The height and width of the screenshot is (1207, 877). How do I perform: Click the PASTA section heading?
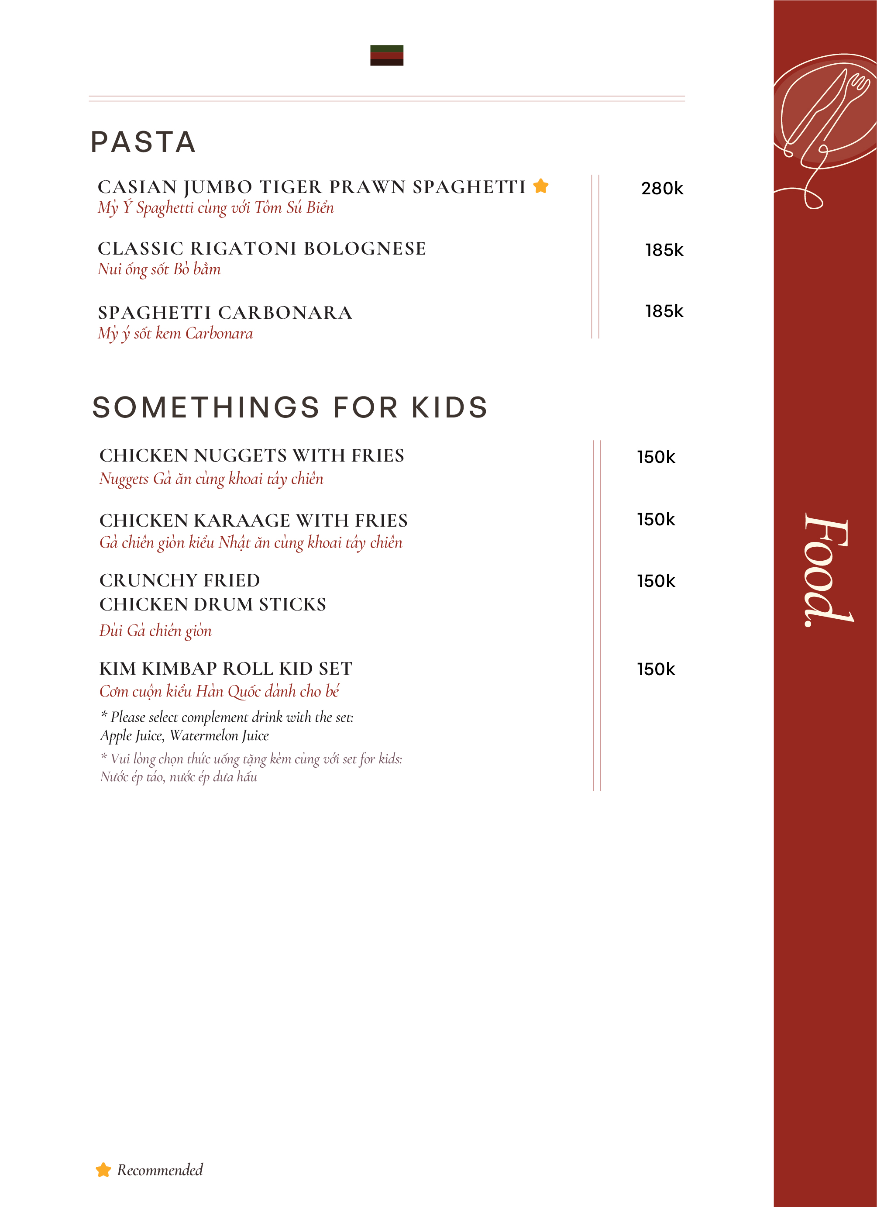pyautogui.click(x=143, y=142)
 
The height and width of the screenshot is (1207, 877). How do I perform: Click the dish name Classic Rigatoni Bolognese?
pyautogui.click(x=262, y=248)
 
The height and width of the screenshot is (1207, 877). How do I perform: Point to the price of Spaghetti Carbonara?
pyautogui.click(x=664, y=311)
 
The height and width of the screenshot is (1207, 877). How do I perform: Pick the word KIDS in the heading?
pyautogui.click(x=450, y=408)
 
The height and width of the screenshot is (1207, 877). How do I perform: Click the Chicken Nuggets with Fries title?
pyautogui.click(x=252, y=455)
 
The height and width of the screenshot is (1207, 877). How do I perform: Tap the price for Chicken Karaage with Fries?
pyautogui.click(x=656, y=519)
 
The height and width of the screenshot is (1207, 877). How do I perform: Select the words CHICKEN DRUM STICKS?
pyautogui.click(x=213, y=604)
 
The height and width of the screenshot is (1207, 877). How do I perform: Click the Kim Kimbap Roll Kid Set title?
pyautogui.click(x=226, y=669)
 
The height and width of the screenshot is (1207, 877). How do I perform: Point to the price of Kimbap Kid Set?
pyautogui.click(x=656, y=669)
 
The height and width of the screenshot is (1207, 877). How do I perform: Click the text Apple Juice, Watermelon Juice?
pyautogui.click(x=185, y=735)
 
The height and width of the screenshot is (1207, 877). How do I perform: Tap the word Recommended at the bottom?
pyautogui.click(x=160, y=1170)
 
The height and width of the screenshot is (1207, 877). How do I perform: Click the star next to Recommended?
pyautogui.click(x=103, y=1170)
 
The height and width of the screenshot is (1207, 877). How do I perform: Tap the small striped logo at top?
pyautogui.click(x=387, y=55)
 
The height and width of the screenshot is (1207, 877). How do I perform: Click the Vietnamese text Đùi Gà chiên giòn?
pyautogui.click(x=155, y=631)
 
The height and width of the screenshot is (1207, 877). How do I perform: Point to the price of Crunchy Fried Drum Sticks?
pyautogui.click(x=656, y=581)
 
